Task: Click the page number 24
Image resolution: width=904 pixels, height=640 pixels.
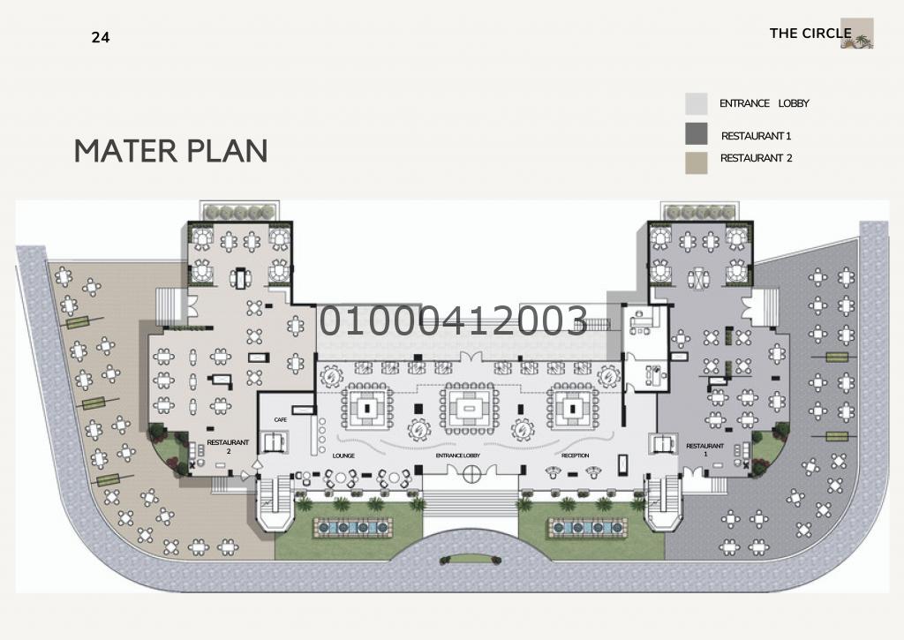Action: [101, 37]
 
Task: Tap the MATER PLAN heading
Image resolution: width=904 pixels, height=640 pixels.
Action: [171, 151]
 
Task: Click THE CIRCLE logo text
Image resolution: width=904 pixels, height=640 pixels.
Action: [810, 34]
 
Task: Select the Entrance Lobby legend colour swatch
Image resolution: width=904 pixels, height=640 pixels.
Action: [696, 104]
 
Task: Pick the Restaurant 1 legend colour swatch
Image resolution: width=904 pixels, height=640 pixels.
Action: [696, 134]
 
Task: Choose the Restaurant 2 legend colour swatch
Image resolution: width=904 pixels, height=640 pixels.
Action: [696, 162]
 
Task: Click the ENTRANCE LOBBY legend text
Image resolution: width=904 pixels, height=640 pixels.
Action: [764, 103]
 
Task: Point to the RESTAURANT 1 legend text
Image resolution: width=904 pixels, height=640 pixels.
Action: [756, 136]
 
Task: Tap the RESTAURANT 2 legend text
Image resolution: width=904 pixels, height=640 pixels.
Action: [756, 158]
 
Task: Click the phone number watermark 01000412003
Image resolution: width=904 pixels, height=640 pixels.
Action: [454, 320]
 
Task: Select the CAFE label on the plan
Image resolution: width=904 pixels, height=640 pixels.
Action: [280, 419]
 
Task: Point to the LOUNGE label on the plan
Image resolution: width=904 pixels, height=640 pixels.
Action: [343, 456]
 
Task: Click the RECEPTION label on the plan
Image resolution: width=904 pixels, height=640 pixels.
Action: [576, 456]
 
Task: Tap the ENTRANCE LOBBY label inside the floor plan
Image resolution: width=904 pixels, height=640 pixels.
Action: [458, 456]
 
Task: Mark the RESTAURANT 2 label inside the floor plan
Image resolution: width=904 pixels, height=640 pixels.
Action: [228, 447]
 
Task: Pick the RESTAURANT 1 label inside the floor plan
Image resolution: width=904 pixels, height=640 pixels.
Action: [704, 449]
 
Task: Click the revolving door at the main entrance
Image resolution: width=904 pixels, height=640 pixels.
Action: [471, 475]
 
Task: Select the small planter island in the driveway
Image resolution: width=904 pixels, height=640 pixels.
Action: [471, 559]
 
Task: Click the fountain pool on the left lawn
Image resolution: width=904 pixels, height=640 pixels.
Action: [352, 527]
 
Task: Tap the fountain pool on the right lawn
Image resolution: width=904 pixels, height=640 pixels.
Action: [587, 527]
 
